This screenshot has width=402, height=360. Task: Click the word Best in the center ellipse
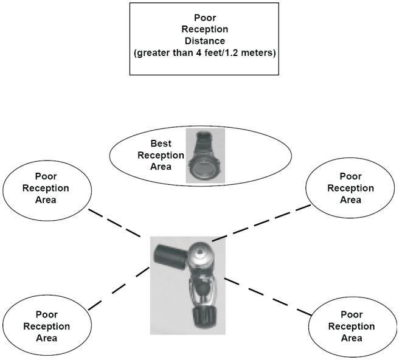161,144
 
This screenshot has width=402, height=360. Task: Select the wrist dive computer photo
205,155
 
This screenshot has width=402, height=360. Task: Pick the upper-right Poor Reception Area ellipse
350,188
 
